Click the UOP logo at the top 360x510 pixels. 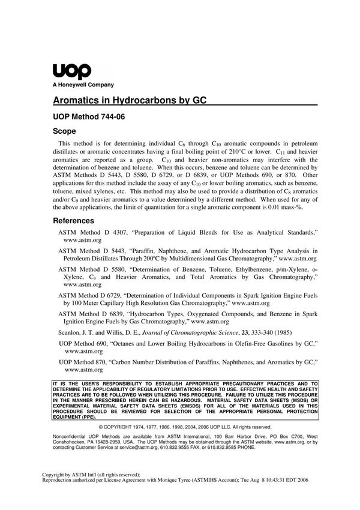pyautogui.click(x=72, y=71)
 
